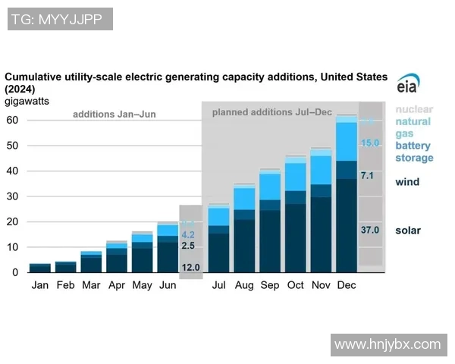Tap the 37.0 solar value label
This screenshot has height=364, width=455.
[x=369, y=230]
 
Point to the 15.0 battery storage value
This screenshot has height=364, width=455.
[x=369, y=143]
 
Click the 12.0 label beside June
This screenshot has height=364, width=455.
[x=190, y=267]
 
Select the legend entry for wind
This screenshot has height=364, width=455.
[x=407, y=182]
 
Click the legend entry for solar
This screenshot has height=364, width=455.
[x=407, y=230]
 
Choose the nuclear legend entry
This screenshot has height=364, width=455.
[x=414, y=109]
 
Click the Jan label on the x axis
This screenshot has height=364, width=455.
[x=39, y=286]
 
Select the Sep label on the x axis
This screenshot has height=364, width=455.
[x=269, y=286]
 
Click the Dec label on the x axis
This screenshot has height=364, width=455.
[x=347, y=286]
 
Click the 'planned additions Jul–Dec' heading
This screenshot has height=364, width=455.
[x=271, y=112]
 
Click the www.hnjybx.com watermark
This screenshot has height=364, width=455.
[x=387, y=344]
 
